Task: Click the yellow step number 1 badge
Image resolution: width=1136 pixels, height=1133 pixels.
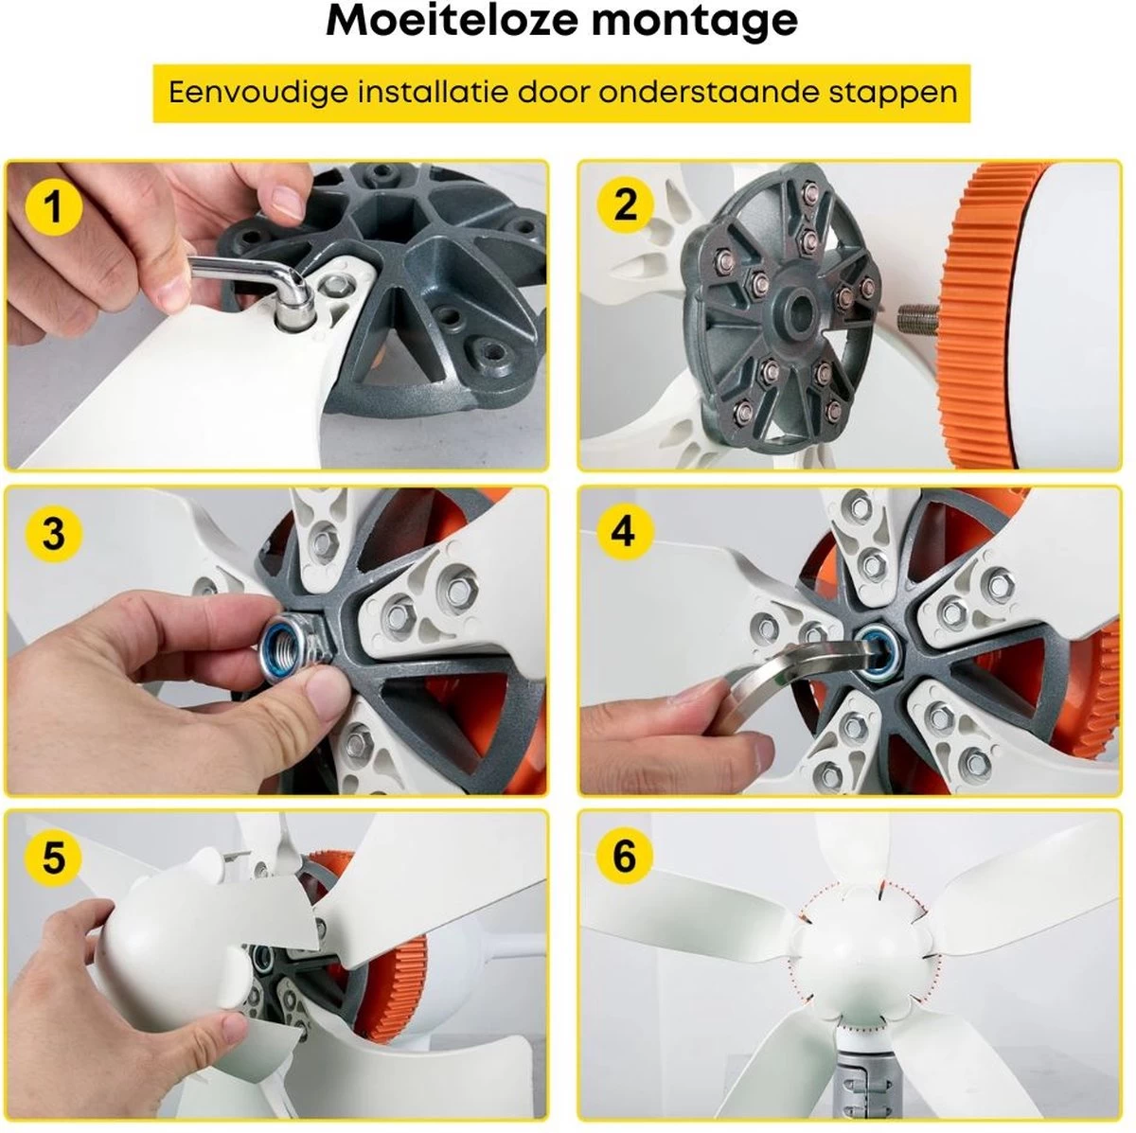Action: click(54, 207)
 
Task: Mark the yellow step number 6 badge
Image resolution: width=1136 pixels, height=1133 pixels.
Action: click(625, 856)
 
